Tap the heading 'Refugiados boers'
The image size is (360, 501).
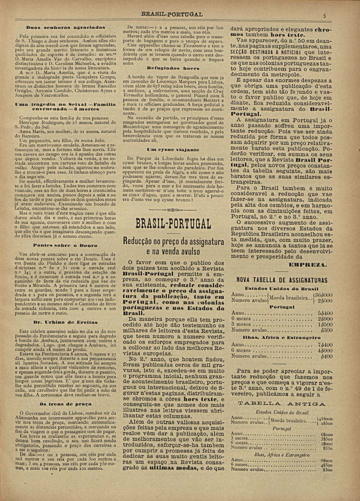172,67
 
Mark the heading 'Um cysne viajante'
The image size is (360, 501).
172,149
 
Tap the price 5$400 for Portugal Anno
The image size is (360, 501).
325,312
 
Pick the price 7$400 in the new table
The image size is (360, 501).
325,344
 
